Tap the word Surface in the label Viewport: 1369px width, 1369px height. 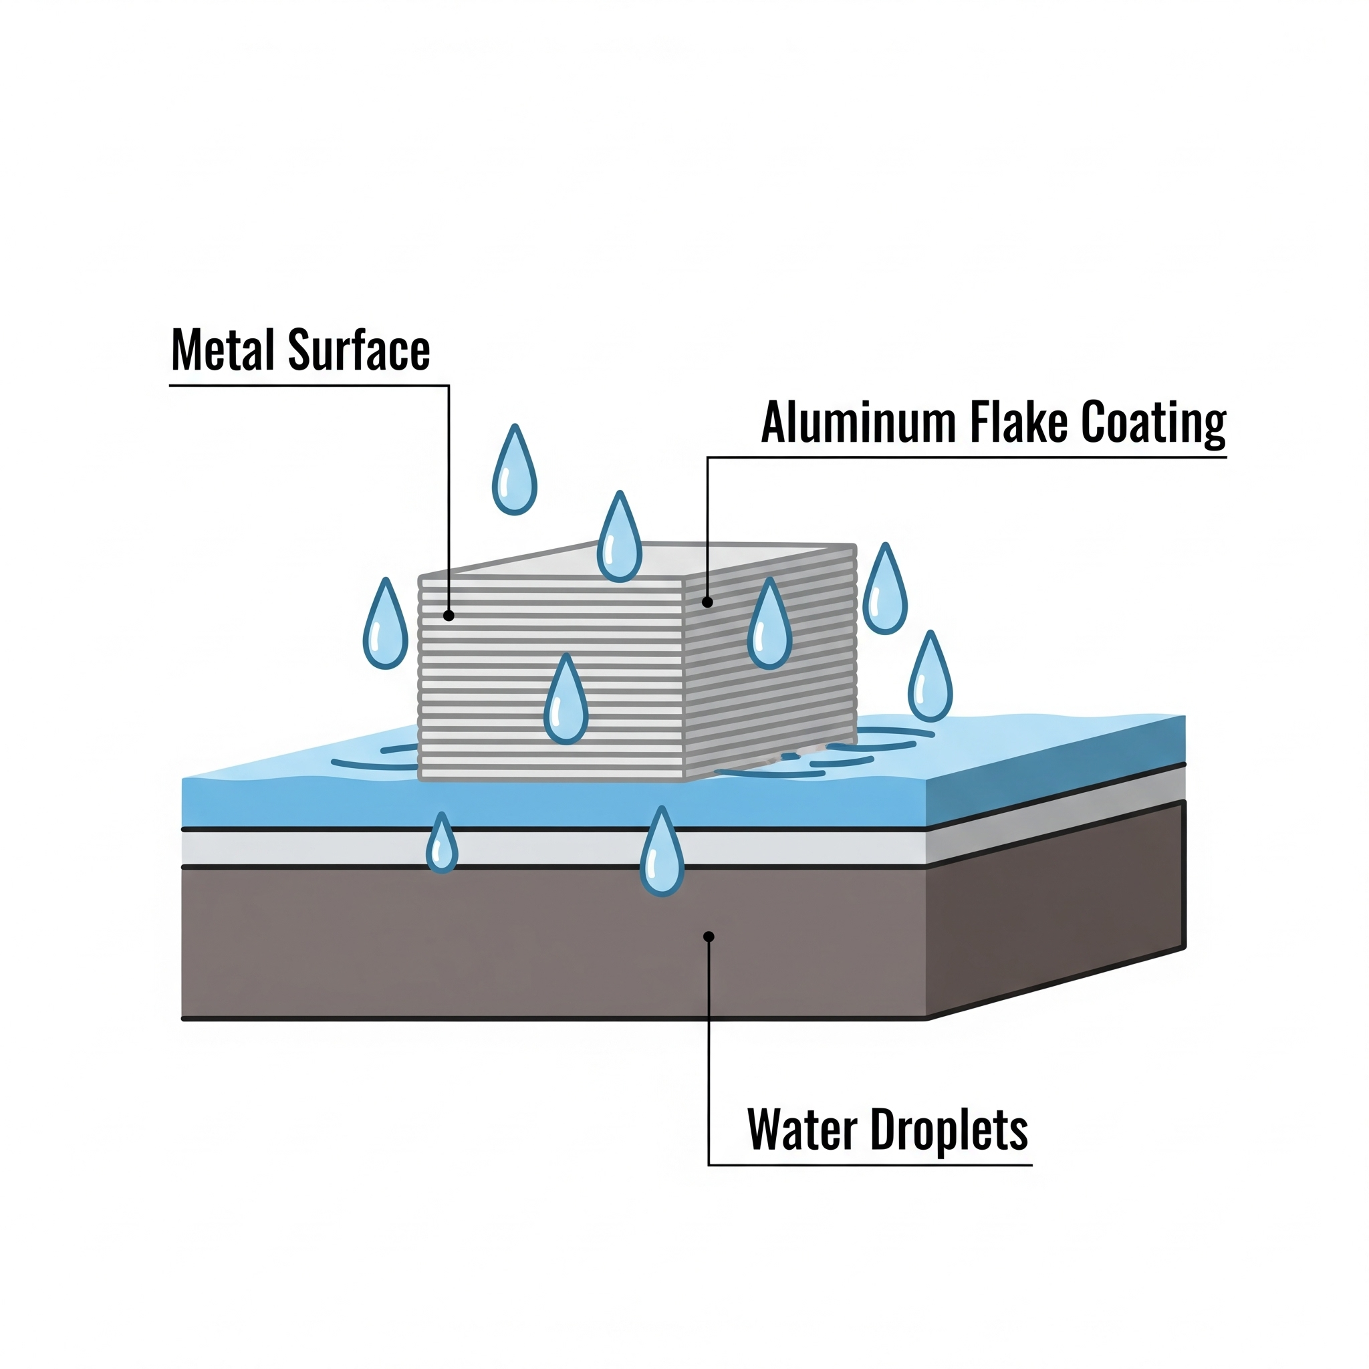pyautogui.click(x=358, y=350)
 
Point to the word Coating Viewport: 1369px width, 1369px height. pyautogui.click(x=1154, y=424)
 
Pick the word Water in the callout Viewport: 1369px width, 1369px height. pyautogui.click(x=802, y=1130)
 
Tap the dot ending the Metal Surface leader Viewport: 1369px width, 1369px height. pyautogui.click(x=449, y=616)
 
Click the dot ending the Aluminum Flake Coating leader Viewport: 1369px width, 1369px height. pyautogui.click(x=707, y=602)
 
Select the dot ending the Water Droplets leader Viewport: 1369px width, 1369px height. pyautogui.click(x=708, y=937)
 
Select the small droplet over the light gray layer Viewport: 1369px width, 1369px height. pyautogui.click(x=441, y=846)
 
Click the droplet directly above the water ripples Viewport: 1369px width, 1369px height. pyautogui.click(x=930, y=680)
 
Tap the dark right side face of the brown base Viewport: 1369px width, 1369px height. pyautogui.click(x=1055, y=914)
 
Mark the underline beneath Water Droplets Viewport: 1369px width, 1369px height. pyautogui.click(x=870, y=1164)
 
